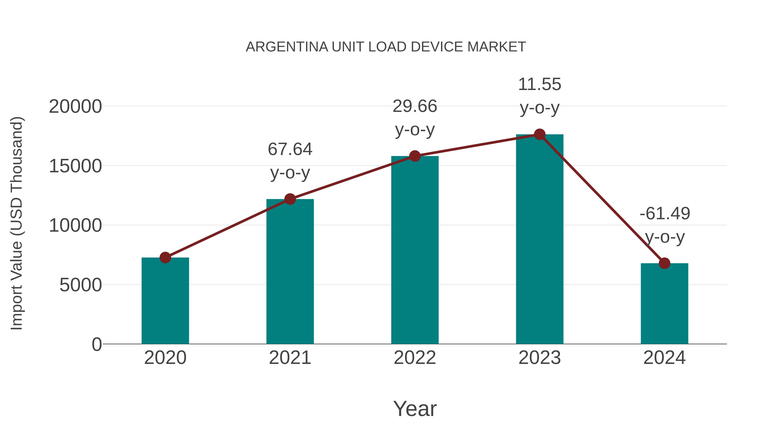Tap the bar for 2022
click(x=415, y=250)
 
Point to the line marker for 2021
click(x=290, y=199)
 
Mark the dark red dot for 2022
click(x=415, y=156)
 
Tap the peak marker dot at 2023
click(x=540, y=134)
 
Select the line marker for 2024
click(x=664, y=263)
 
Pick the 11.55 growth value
click(x=540, y=84)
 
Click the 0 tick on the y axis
click(x=96, y=344)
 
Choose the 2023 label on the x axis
click(x=540, y=358)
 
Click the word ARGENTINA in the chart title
click(x=287, y=47)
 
